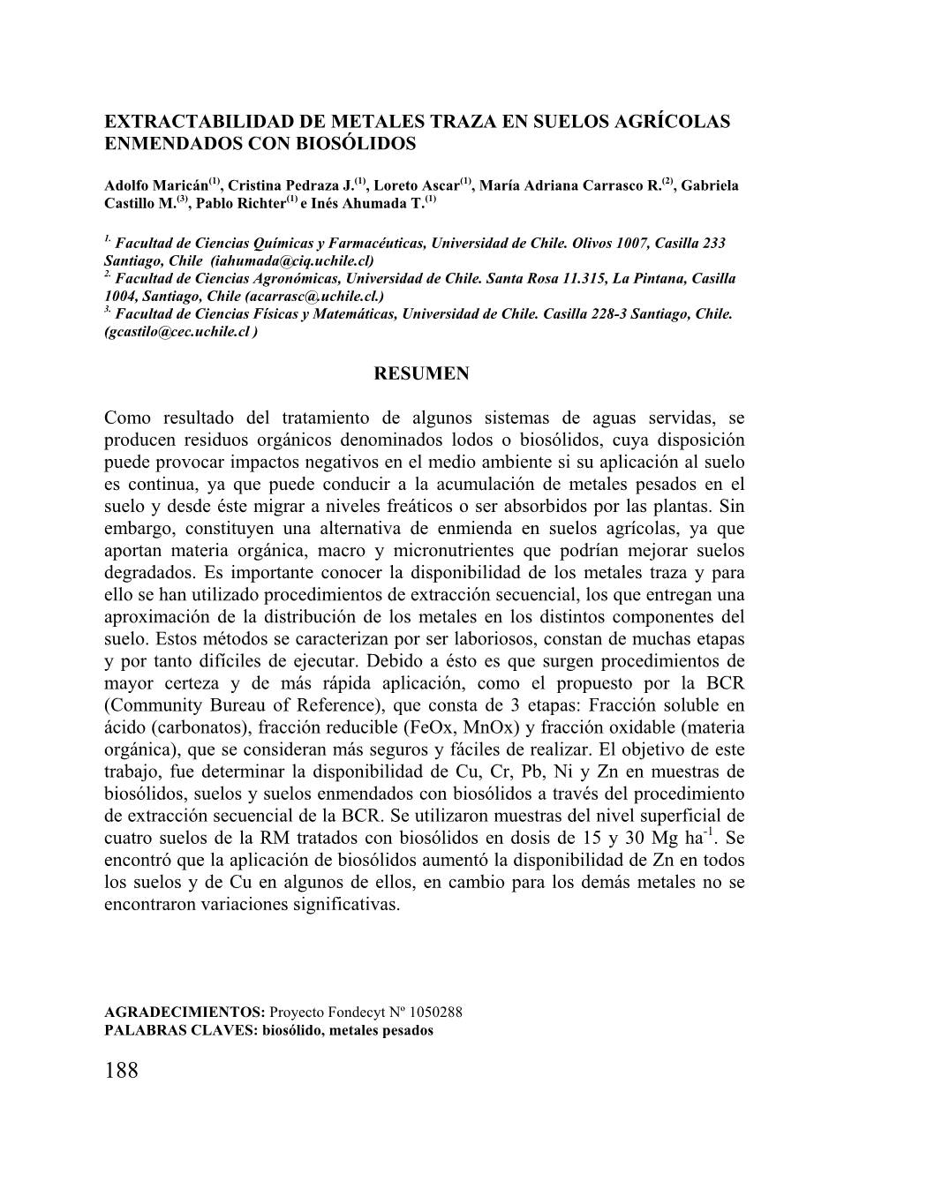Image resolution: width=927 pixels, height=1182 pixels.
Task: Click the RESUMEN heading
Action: (x=421, y=374)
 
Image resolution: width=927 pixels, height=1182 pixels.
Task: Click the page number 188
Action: (x=121, y=1071)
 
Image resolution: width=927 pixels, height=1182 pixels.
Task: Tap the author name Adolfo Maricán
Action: (x=156, y=186)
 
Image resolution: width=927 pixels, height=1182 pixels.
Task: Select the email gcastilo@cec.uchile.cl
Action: (x=177, y=332)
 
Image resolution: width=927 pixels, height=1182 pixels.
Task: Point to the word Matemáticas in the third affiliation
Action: (x=358, y=314)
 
